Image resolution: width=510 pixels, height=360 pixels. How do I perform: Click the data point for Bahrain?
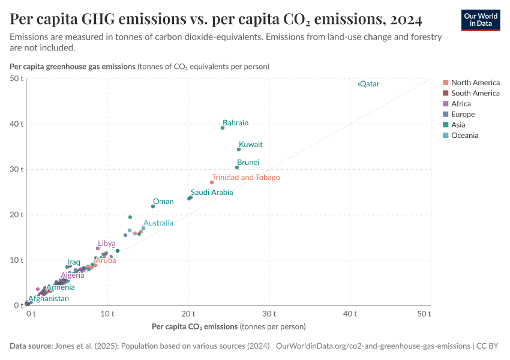pos(223,128)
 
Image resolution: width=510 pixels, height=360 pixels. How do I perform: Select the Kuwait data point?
pos(239,149)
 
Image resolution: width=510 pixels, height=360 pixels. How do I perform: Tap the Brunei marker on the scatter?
pos(237,167)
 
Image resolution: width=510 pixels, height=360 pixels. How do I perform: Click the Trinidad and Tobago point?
pos(212,182)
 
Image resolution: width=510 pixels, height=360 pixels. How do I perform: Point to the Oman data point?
pos(153,206)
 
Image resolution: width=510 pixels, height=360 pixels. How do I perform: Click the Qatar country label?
pos(370,84)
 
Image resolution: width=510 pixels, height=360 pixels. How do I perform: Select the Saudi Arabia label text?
pos(212,193)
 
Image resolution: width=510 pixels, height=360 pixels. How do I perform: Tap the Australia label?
pos(158,223)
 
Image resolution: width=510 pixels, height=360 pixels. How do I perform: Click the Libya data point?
pos(98,248)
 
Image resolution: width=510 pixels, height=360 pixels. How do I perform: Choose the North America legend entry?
pos(475,83)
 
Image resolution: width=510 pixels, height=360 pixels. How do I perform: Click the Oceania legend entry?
pos(464,136)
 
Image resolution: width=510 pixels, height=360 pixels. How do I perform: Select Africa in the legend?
pos(461,104)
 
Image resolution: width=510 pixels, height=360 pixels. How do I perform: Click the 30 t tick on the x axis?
pos(269,314)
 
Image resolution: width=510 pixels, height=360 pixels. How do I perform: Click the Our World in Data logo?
pos(481,20)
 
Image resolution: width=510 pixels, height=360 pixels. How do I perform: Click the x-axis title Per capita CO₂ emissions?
pos(195,326)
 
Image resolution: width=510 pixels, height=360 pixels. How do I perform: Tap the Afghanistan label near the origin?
pos(49,299)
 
